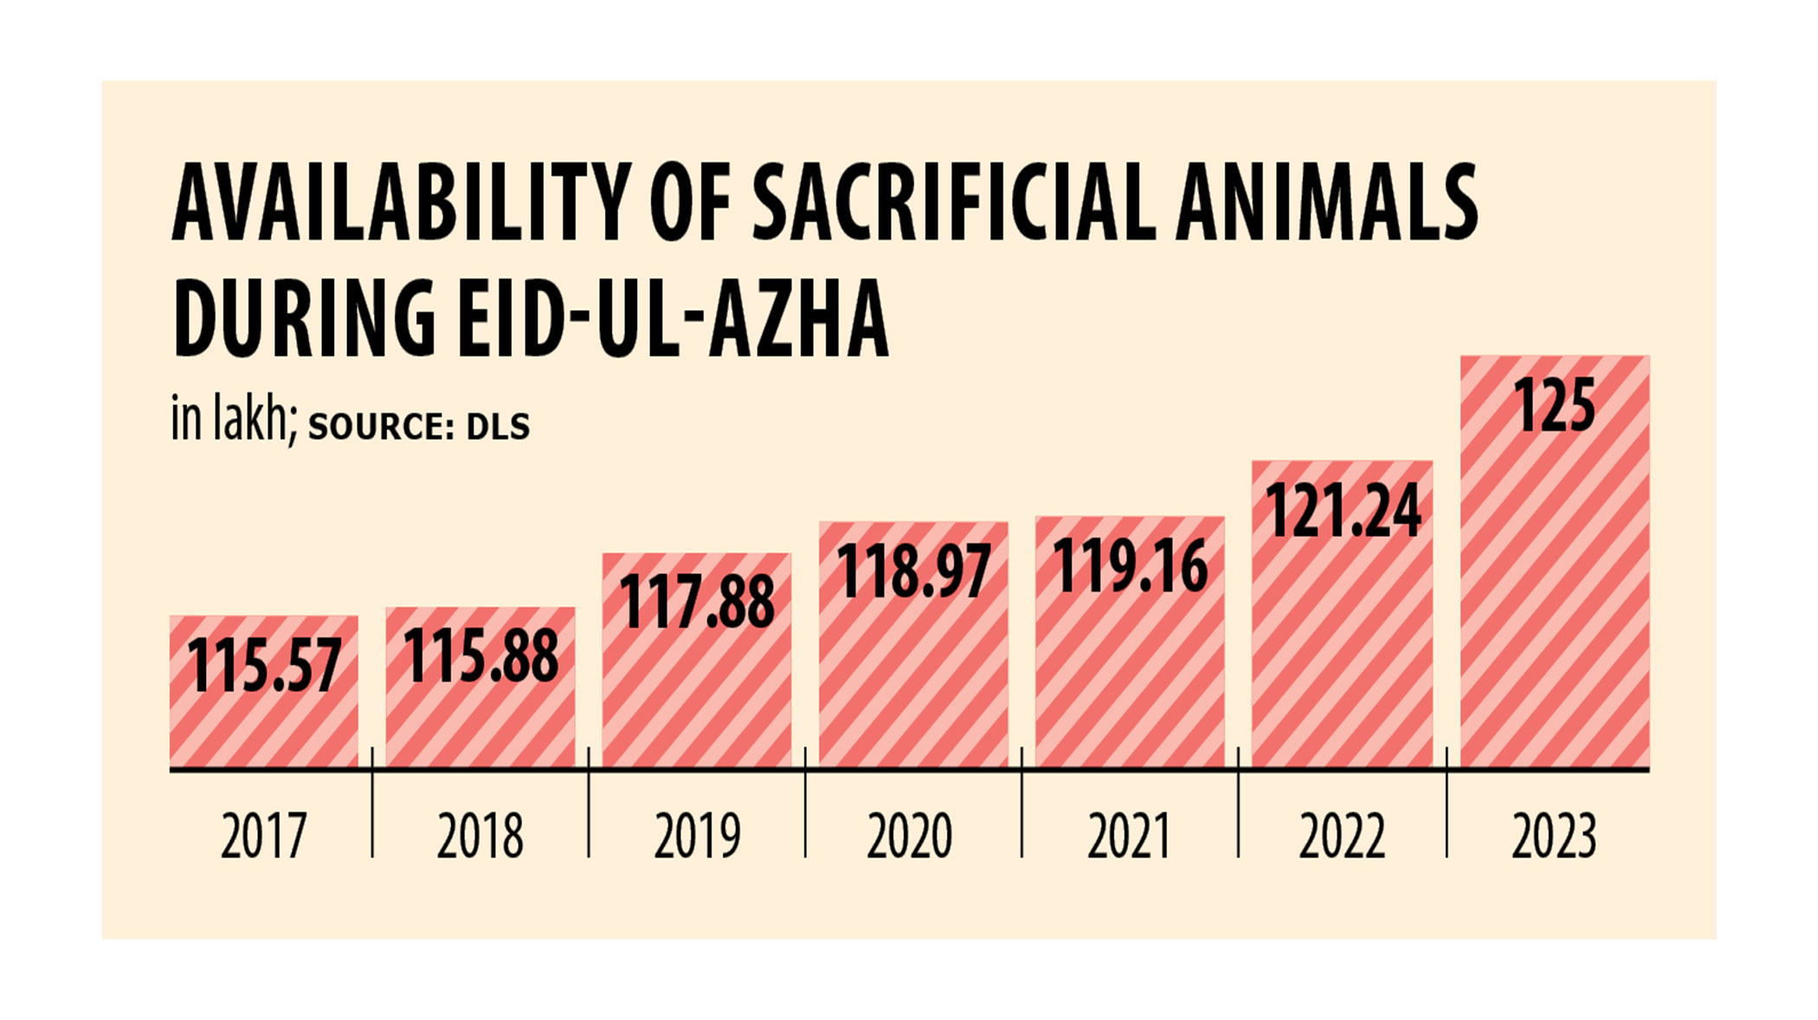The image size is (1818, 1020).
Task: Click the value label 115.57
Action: pos(264,665)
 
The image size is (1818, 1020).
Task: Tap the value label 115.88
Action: pos(480,655)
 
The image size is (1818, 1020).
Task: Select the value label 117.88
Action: pos(697,602)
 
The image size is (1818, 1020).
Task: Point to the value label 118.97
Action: pos(913,571)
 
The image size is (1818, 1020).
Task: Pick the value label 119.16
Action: pos(1130,565)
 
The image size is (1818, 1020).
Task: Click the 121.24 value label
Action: pos(1343,510)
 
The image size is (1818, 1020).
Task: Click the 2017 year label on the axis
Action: pos(264,836)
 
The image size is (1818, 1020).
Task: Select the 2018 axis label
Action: pos(480,836)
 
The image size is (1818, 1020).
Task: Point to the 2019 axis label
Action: pos(697,836)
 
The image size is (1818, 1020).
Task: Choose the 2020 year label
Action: pos(910,836)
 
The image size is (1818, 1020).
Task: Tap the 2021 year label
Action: pos(1129,836)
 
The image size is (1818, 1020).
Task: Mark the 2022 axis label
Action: pos(1342,836)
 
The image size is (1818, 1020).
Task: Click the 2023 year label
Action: pos(1554,836)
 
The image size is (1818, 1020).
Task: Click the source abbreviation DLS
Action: pos(498,427)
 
